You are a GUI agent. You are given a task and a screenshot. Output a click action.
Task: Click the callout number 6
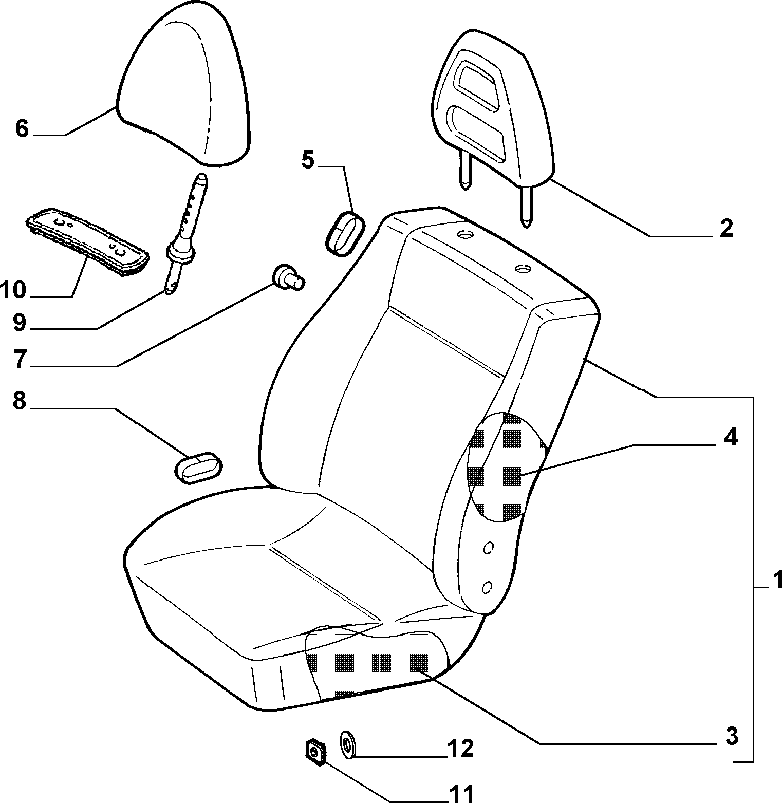click(x=21, y=128)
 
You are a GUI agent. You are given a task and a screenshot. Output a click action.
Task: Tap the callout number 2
click(x=726, y=228)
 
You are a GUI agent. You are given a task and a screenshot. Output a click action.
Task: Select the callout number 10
click(x=13, y=290)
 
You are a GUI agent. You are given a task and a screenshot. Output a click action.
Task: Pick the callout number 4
click(x=731, y=437)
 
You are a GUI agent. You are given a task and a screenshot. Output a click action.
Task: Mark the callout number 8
click(x=19, y=401)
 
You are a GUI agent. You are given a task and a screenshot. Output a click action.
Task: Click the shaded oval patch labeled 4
click(x=506, y=467)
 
